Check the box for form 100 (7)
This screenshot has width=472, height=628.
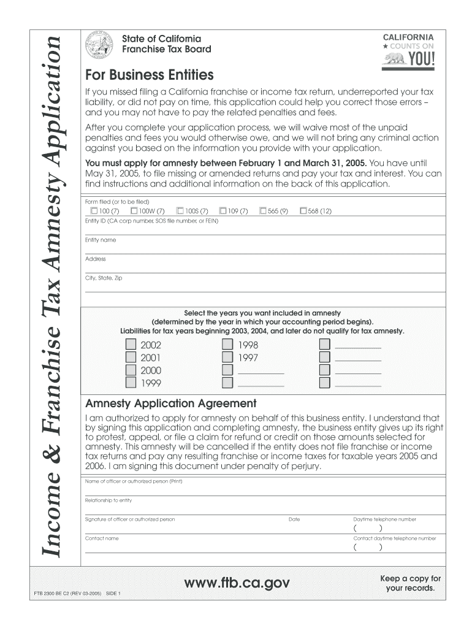[x=94, y=212]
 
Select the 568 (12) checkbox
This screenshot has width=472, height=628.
[x=303, y=212]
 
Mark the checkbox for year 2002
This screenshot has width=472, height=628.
[x=131, y=345]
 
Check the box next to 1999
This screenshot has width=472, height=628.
[x=131, y=383]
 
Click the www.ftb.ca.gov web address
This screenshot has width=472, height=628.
[x=237, y=583]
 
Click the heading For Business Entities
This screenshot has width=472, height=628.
[x=150, y=75]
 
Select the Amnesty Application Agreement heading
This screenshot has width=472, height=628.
[x=170, y=404]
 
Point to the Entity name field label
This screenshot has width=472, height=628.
[x=101, y=240]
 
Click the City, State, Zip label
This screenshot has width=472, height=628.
[x=104, y=278]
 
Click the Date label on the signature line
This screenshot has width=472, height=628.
[x=294, y=519]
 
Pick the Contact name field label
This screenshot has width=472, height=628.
[x=102, y=538]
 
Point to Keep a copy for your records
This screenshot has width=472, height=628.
[x=410, y=584]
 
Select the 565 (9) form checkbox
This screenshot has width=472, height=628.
[x=263, y=212]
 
